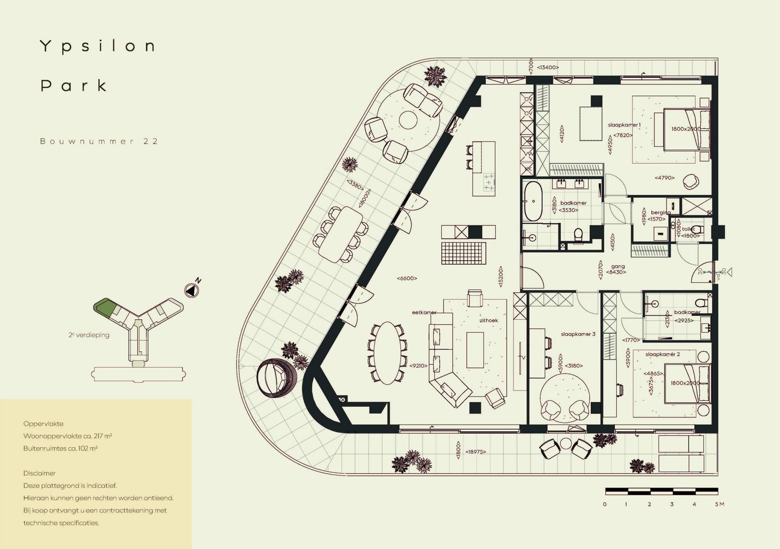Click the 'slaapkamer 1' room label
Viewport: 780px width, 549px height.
[x=624, y=125]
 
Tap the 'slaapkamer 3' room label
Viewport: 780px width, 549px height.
[x=578, y=334]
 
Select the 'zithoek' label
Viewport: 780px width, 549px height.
[x=488, y=321]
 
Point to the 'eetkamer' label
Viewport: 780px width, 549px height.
[x=424, y=313]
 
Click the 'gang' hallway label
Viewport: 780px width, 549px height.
[x=618, y=266]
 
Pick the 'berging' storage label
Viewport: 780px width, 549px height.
[x=660, y=212]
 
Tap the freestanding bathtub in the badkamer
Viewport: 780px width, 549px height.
[x=534, y=201]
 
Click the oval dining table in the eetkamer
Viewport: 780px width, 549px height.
[x=387, y=353]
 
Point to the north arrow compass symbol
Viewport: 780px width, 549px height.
[x=191, y=290]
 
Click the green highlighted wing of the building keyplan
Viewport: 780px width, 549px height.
[x=103, y=308]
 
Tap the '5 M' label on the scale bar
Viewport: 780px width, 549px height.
[x=719, y=504]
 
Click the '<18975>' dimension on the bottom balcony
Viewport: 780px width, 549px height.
[x=474, y=451]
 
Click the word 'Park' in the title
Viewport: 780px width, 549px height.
[x=74, y=85]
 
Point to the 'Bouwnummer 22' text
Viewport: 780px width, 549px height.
[x=99, y=141]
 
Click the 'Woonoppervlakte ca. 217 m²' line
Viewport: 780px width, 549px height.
[x=68, y=436]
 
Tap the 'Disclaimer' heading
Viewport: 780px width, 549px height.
[x=39, y=473]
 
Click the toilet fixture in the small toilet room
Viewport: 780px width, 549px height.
[x=697, y=229]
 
